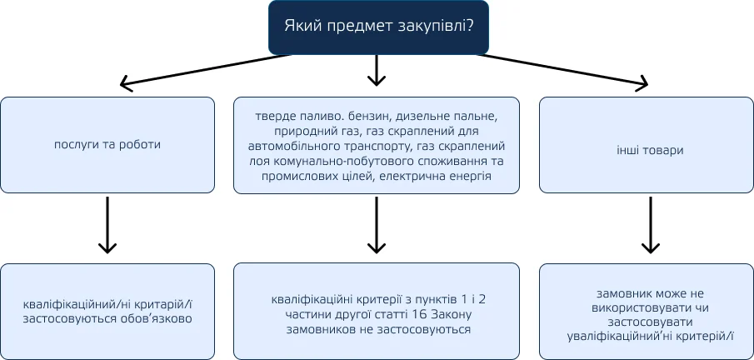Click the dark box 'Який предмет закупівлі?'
point(378,27)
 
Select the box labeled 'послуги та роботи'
point(107,145)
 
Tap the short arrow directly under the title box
point(377,70)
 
